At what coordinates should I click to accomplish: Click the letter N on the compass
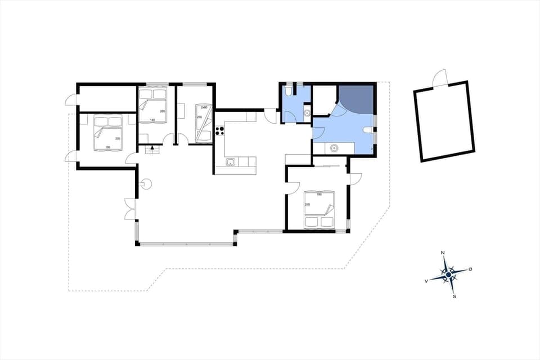coord(443,253)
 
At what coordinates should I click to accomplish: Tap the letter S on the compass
coord(454,296)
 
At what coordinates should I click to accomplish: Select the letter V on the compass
coord(426,280)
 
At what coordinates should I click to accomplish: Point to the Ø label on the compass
coord(470,269)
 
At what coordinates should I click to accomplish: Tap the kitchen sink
coord(231,163)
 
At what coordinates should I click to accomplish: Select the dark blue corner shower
coord(358,96)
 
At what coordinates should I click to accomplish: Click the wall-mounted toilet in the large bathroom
coord(368,130)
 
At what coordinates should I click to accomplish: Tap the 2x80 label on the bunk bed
coord(204,107)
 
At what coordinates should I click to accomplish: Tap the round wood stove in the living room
coord(145,182)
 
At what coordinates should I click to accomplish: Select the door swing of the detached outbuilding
coord(440,78)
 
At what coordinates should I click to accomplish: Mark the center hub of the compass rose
coord(448,274)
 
